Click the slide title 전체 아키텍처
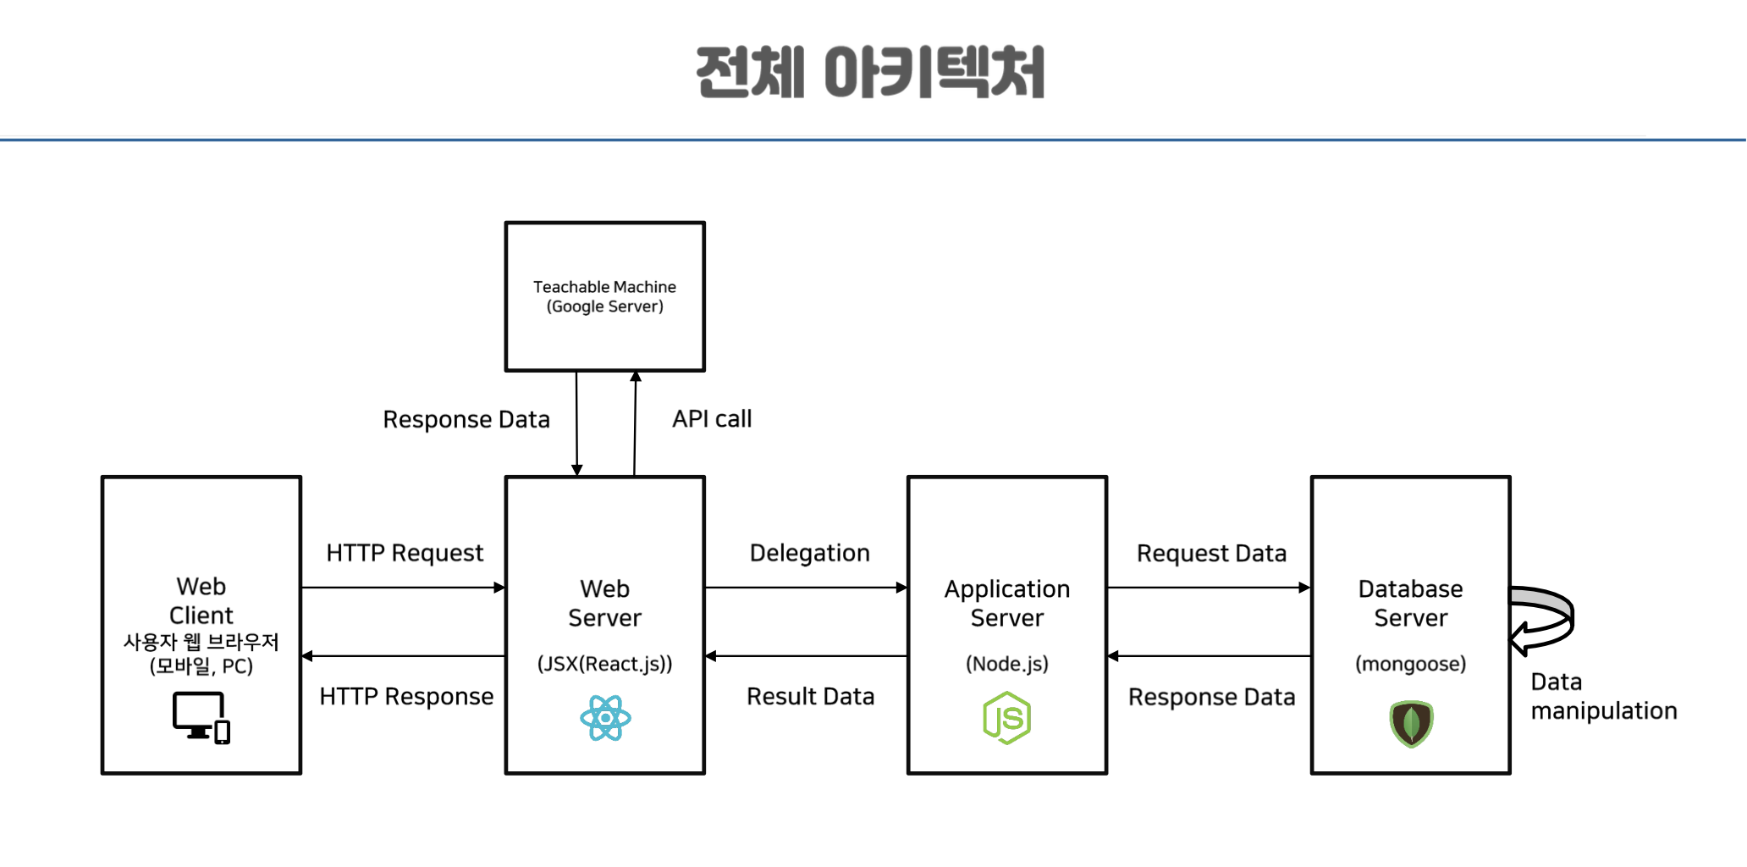(870, 72)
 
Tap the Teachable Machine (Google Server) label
(604, 296)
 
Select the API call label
(712, 419)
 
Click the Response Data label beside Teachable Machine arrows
(466, 420)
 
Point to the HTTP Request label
(405, 553)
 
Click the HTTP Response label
(406, 697)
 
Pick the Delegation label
(809, 553)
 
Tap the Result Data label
(810, 697)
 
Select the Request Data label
(1211, 554)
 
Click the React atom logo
(605, 718)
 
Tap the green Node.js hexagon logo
(1006, 718)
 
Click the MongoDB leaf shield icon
(1411, 724)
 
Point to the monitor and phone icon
(201, 718)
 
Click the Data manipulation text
(1602, 697)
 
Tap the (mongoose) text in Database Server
(1410, 664)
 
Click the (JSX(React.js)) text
(604, 664)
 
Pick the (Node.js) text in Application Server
(1006, 664)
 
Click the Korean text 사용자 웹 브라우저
(201, 642)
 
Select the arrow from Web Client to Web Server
(403, 588)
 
